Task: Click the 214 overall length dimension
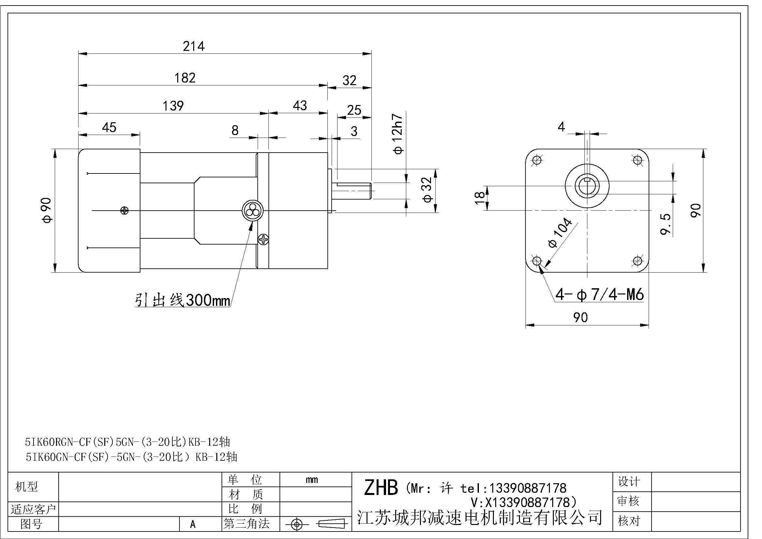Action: pyautogui.click(x=194, y=46)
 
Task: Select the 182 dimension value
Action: pyautogui.click(x=185, y=78)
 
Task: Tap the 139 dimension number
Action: pyautogui.click(x=173, y=106)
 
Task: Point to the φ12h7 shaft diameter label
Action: pyautogui.click(x=397, y=134)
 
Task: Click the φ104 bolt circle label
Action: pyautogui.click(x=560, y=233)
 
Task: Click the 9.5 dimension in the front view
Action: pyautogui.click(x=666, y=224)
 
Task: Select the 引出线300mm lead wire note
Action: pyautogui.click(x=182, y=301)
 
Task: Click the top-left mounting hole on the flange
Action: pyautogui.click(x=537, y=160)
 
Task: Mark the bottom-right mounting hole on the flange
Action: pyautogui.click(x=638, y=261)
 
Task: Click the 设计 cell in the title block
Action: pyautogui.click(x=628, y=482)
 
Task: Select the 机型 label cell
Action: pyautogui.click(x=26, y=487)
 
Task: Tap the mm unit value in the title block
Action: pyautogui.click(x=312, y=480)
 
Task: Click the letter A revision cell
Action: pyautogui.click(x=193, y=524)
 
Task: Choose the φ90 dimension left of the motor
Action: pyautogui.click(x=47, y=210)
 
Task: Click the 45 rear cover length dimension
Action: pyautogui.click(x=109, y=127)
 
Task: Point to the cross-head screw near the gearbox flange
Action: pyautogui.click(x=264, y=239)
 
